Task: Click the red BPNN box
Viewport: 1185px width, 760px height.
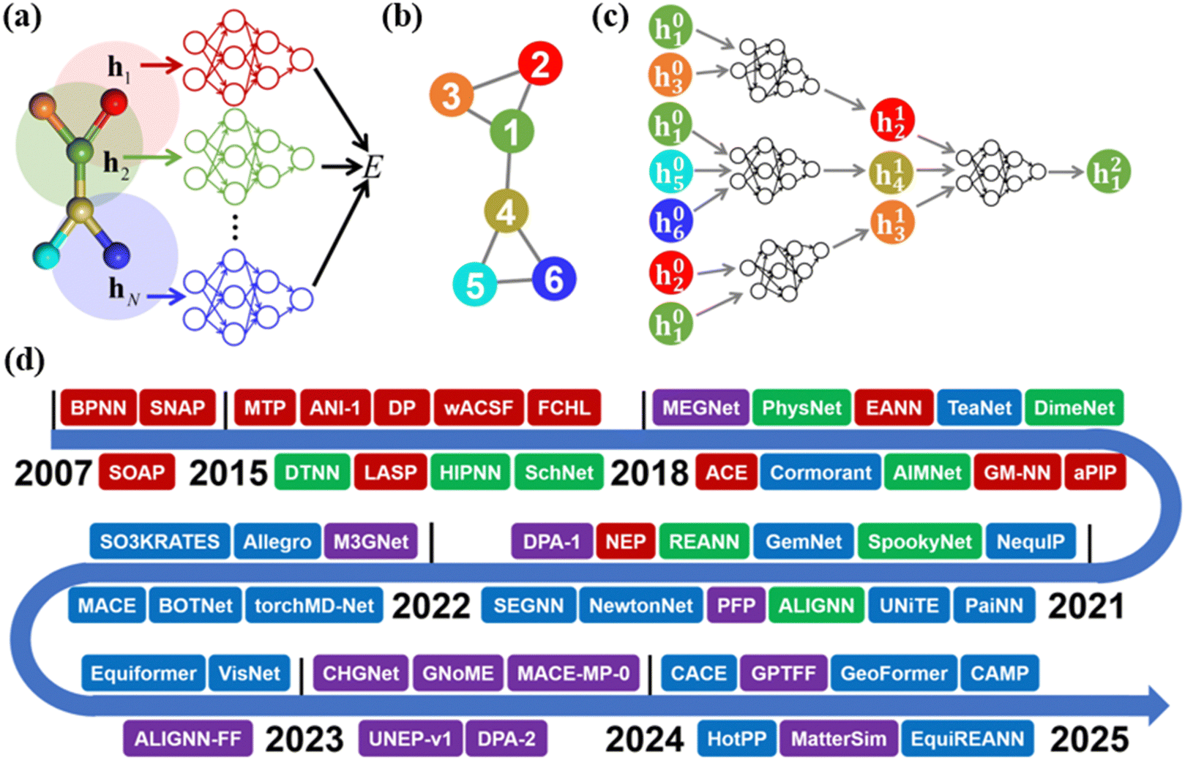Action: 98,407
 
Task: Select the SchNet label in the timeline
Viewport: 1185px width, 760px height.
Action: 558,473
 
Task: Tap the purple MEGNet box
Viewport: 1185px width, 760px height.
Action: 700,407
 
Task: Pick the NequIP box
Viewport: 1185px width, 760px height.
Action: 1031,541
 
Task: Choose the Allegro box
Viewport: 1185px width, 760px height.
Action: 277,541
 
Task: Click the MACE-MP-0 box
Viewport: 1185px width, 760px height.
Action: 573,673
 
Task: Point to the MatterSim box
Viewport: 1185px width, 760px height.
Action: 839,739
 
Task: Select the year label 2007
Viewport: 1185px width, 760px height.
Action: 53,473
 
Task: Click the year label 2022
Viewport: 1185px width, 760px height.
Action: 431,606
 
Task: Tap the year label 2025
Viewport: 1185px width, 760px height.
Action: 1089,740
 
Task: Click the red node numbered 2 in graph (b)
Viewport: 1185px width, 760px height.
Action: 540,64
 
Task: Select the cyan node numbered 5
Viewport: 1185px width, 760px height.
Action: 475,285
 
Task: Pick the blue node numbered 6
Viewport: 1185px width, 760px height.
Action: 553,279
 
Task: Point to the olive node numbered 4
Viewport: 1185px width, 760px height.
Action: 506,211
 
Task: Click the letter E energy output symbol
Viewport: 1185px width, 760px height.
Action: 373,168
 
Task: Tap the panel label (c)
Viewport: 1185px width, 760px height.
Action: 610,16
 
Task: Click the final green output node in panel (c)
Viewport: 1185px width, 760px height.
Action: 1108,172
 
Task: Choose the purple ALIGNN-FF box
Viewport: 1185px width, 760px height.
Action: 187,739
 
